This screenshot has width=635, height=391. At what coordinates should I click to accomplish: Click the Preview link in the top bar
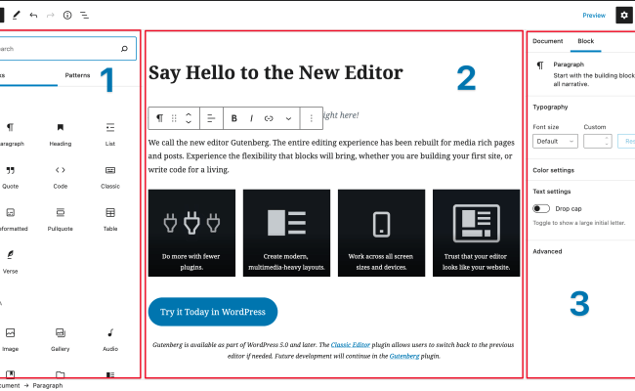tap(594, 16)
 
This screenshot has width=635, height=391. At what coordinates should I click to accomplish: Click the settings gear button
tap(624, 16)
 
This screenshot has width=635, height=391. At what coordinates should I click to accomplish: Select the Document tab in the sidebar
tap(547, 42)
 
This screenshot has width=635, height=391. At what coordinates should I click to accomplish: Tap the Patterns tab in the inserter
tap(77, 75)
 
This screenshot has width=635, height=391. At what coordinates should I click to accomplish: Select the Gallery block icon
tap(61, 333)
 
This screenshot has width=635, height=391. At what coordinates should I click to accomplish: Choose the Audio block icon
tap(110, 333)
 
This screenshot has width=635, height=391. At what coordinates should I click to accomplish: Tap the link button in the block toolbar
tap(269, 118)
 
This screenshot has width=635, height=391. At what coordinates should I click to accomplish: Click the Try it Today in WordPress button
tap(213, 312)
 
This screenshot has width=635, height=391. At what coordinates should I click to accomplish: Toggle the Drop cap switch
tap(541, 208)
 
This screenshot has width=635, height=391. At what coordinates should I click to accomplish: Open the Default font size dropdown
tap(554, 142)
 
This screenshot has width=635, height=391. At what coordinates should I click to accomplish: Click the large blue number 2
tap(466, 78)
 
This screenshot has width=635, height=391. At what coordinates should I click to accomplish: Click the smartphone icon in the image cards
tap(383, 222)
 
